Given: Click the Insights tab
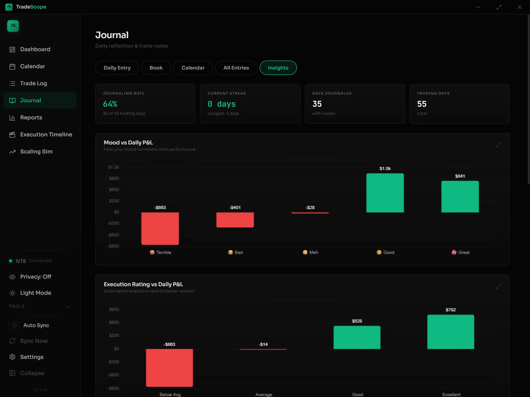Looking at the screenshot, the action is pyautogui.click(x=278, y=68).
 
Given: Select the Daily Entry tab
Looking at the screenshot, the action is pyautogui.click(x=117, y=68).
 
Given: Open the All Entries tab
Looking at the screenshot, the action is pyautogui.click(x=236, y=68).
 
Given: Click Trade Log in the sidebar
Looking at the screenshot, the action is pyautogui.click(x=33, y=83).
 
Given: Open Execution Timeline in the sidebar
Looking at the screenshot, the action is pyautogui.click(x=46, y=135).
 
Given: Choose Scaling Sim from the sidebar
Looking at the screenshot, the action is pyautogui.click(x=36, y=152).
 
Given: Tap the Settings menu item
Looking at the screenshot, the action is pyautogui.click(x=32, y=357).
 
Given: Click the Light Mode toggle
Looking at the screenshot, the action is pyautogui.click(x=36, y=293).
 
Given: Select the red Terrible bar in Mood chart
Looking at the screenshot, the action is pyautogui.click(x=160, y=229).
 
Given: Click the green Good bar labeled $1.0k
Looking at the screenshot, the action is pyautogui.click(x=385, y=193).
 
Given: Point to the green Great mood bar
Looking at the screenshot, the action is pyautogui.click(x=460, y=197).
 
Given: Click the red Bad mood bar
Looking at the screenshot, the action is pyautogui.click(x=235, y=220).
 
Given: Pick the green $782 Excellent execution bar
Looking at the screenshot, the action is pyautogui.click(x=451, y=332).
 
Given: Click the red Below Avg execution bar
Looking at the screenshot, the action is pyautogui.click(x=169, y=368).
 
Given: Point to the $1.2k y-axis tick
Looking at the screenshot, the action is pyautogui.click(x=113, y=167).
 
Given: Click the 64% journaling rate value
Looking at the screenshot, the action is pyautogui.click(x=110, y=104).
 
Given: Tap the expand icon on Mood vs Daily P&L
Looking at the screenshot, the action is pyautogui.click(x=499, y=145).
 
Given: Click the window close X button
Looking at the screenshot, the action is pyautogui.click(x=520, y=7).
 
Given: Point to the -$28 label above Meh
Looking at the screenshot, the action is pyautogui.click(x=310, y=207).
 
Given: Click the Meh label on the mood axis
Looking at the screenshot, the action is pyautogui.click(x=314, y=252).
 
